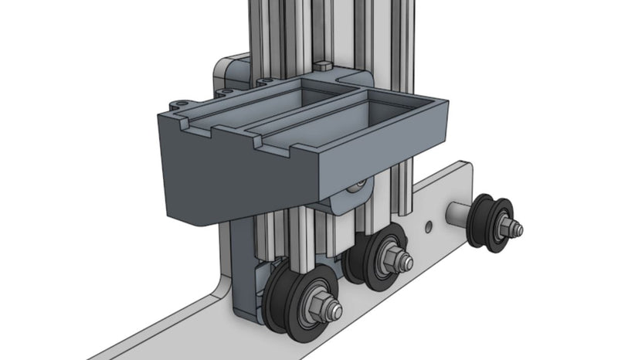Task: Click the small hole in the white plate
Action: point(429,226)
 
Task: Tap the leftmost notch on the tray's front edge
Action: point(186,122)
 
